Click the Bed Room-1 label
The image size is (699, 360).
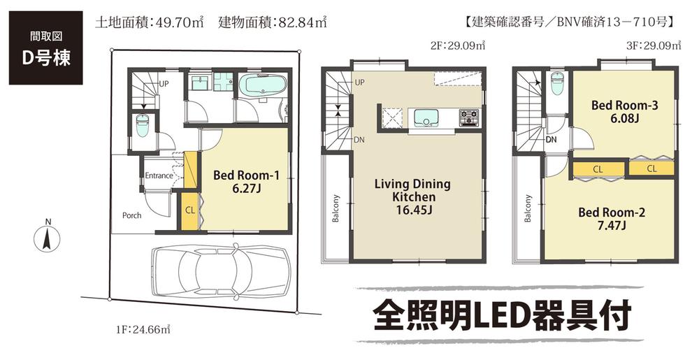[x=246, y=182]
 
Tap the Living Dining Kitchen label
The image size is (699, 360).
[x=412, y=197]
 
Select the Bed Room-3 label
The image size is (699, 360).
[x=624, y=112]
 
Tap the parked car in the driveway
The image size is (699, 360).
[x=219, y=269]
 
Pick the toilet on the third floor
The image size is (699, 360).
[x=557, y=85]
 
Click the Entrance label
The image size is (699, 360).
[x=159, y=175]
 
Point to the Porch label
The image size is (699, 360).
[x=131, y=215]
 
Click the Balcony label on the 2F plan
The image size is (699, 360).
[x=336, y=208]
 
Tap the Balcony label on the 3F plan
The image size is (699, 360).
[x=528, y=208]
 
